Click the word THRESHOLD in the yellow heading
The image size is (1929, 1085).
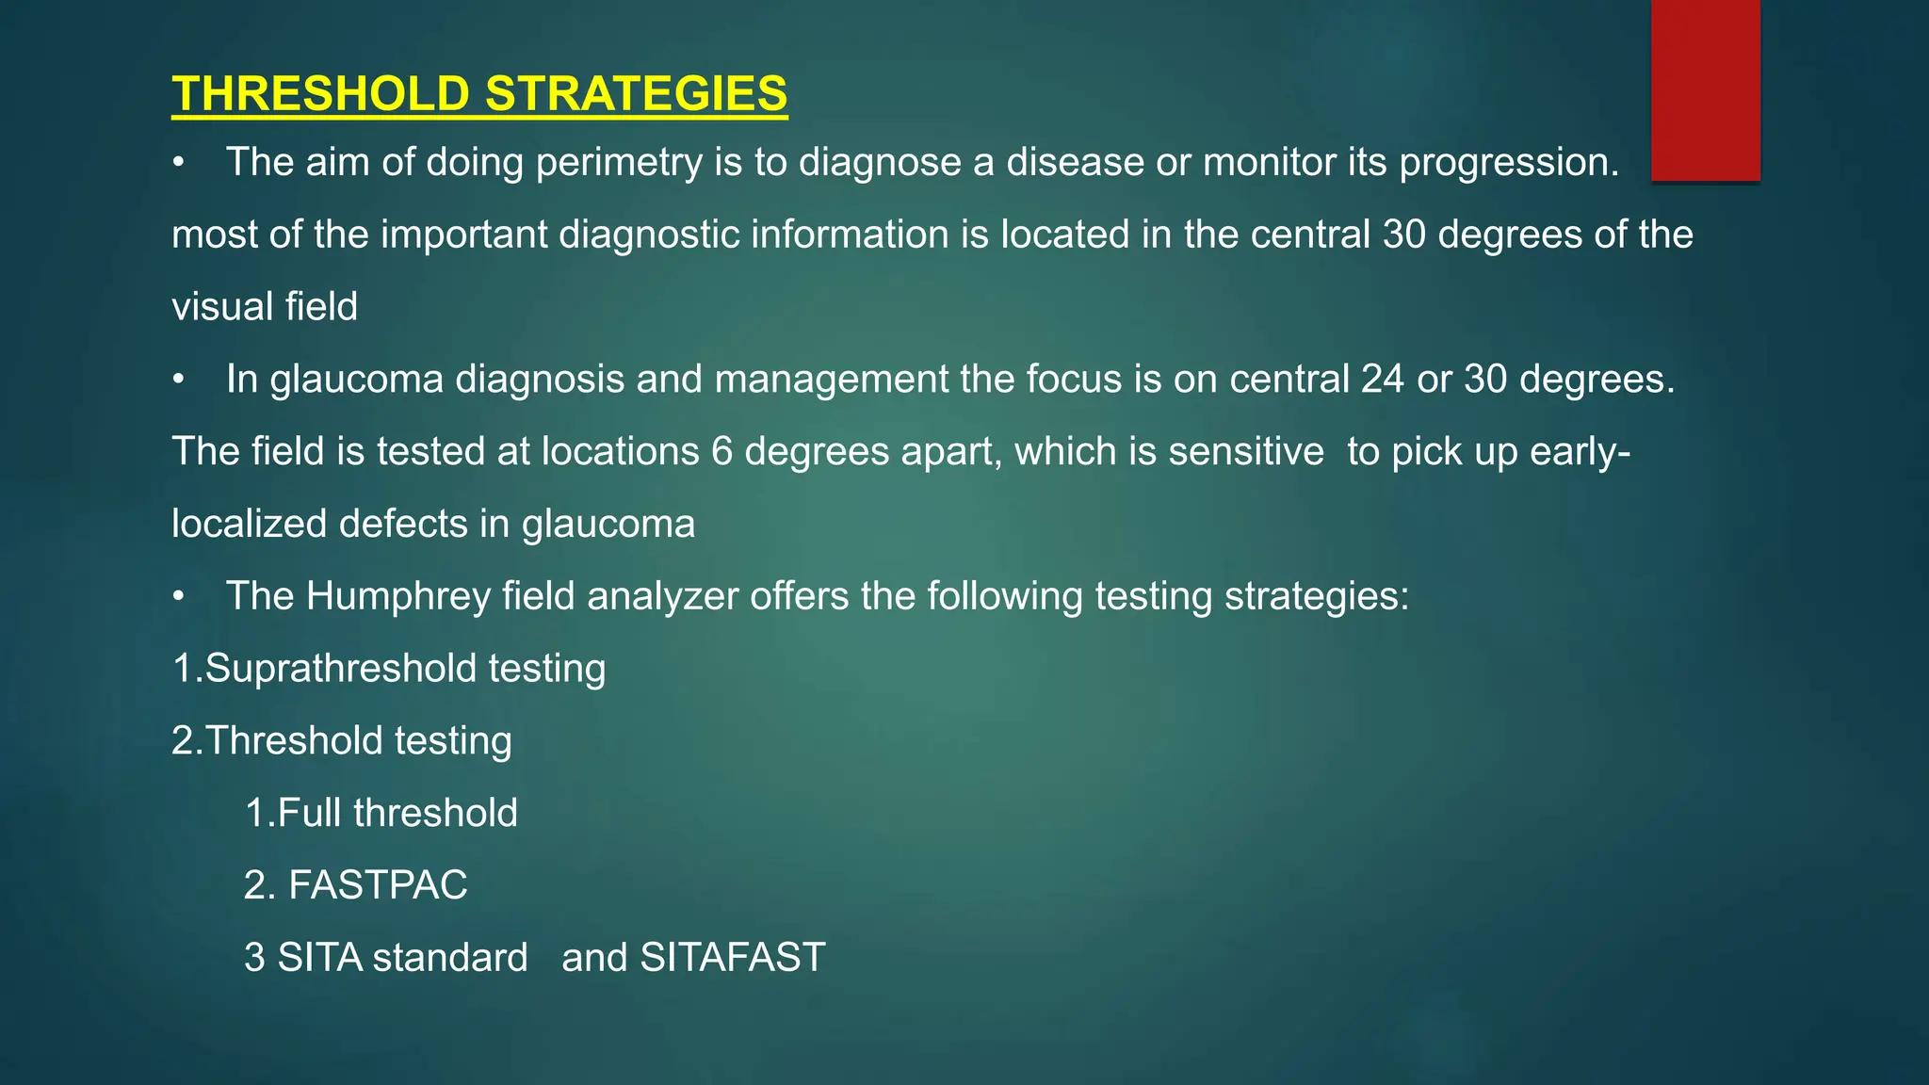(x=320, y=94)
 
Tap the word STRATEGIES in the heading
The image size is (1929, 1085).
(x=636, y=94)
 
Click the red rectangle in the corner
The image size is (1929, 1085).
(x=1705, y=89)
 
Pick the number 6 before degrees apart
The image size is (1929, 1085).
(x=722, y=452)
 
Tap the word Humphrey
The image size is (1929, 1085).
(x=397, y=597)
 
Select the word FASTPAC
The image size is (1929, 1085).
(x=377, y=885)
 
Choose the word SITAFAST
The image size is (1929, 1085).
(x=732, y=958)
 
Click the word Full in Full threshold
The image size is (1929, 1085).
(x=309, y=813)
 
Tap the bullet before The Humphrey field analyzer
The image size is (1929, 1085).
(x=178, y=597)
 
